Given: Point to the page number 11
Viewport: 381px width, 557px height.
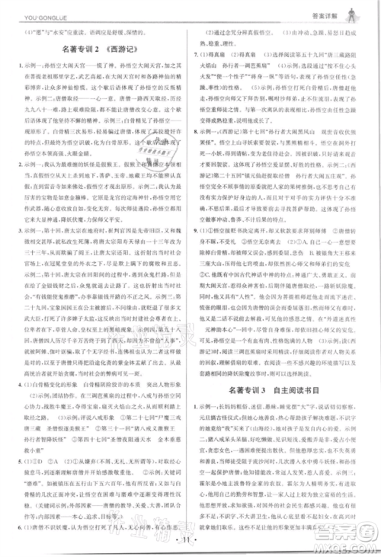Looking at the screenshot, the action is (x=190, y=541).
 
